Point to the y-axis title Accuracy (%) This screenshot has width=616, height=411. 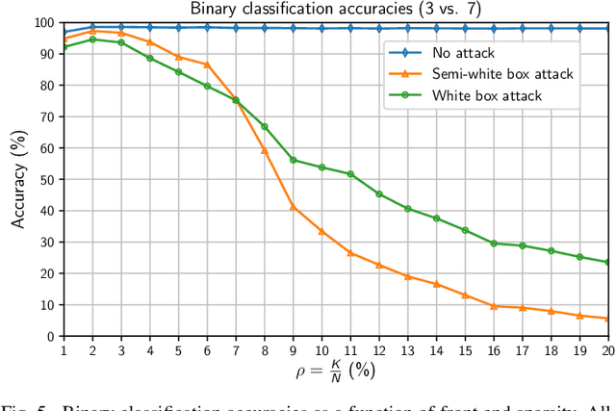click(18, 178)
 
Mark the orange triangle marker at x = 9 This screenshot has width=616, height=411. click(293, 206)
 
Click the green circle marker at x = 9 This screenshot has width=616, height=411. click(293, 160)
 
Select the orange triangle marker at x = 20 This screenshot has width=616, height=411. click(608, 318)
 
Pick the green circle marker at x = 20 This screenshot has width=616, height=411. click(608, 262)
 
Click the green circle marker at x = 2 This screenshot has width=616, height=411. click(92, 39)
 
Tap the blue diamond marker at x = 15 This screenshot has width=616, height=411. click(465, 29)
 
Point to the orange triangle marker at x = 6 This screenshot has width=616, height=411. click(207, 64)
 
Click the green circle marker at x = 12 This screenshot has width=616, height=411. click(379, 193)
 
